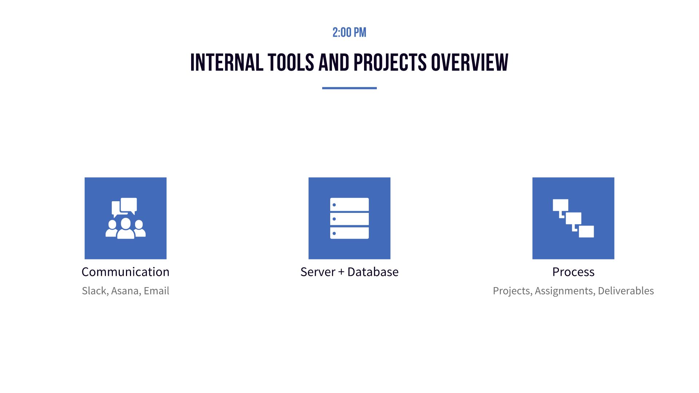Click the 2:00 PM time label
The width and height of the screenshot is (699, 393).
pos(349,33)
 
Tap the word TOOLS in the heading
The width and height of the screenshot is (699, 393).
pos(291,63)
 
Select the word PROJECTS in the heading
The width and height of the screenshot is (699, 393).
pos(390,63)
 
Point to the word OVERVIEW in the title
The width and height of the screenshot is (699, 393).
pos(470,63)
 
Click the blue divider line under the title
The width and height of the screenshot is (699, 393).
pos(349,88)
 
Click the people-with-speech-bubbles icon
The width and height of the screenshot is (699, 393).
pos(126,218)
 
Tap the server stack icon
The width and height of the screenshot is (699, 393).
pos(349,218)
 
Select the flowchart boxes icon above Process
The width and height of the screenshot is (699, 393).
pos(573,218)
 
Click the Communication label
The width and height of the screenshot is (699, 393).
pos(126,272)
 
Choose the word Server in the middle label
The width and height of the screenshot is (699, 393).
pos(317,272)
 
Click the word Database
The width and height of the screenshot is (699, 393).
pos(373,272)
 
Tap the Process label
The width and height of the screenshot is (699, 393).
pos(573,272)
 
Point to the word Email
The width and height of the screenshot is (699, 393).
pos(157,291)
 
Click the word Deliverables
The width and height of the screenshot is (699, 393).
pos(626,291)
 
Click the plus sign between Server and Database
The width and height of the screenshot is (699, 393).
pos(341,272)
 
